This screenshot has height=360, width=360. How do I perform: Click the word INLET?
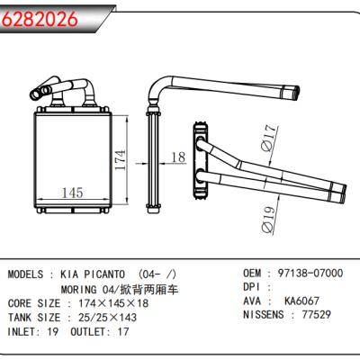[x=24, y=332]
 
